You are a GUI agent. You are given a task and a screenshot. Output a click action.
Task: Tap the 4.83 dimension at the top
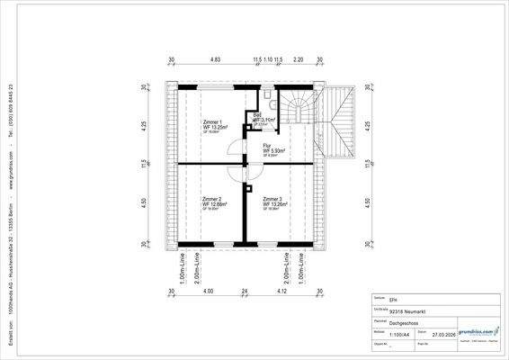coord(215,59)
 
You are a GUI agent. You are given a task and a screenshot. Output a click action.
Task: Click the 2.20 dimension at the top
coord(299,59)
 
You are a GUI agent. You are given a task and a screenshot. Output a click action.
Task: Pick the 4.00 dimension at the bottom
coord(209,292)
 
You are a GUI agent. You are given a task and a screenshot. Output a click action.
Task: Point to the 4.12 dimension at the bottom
coord(281,292)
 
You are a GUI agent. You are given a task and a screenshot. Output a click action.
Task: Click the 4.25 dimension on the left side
coord(143,126)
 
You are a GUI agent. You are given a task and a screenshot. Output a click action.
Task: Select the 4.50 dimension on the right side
coord(367,203)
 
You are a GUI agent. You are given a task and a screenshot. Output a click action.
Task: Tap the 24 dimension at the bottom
coord(243,292)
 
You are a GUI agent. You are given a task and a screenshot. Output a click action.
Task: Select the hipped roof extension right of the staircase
coord(341,123)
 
